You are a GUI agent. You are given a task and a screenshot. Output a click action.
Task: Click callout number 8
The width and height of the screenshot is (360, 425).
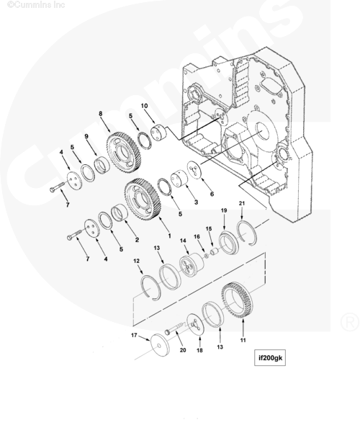pyautogui.click(x=101, y=114)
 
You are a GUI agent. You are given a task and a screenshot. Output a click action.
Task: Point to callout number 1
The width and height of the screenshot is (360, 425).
pyautogui.click(x=169, y=236)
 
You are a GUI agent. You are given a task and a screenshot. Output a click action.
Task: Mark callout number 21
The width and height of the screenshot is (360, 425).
pyautogui.click(x=243, y=205)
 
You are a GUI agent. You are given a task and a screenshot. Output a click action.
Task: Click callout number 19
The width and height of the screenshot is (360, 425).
pyautogui.click(x=223, y=210)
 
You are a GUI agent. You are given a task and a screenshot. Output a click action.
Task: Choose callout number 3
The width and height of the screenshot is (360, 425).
pyautogui.click(x=195, y=203)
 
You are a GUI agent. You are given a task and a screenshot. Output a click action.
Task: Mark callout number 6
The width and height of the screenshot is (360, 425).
pyautogui.click(x=212, y=193)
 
